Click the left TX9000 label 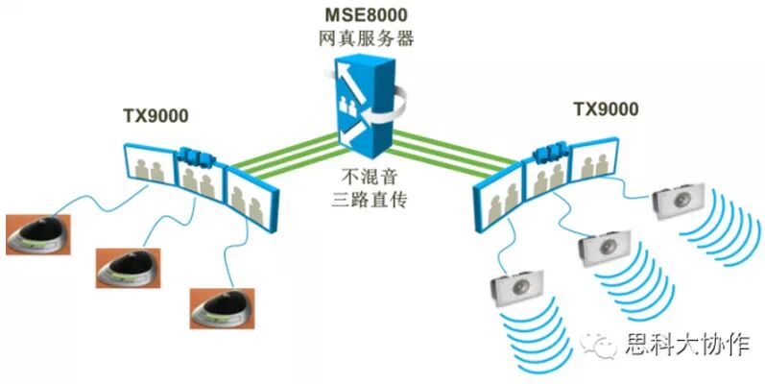tap(155, 117)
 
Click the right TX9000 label tap(606, 109)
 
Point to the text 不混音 tap(369, 177)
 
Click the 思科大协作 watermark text tap(685, 345)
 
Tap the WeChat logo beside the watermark tap(605, 345)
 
